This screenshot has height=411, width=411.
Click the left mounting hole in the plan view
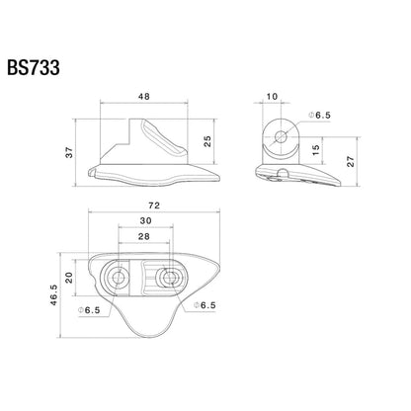click(119, 278)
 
